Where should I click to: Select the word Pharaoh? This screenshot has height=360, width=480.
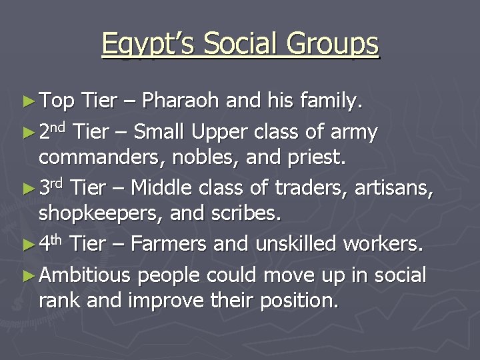pos(182,103)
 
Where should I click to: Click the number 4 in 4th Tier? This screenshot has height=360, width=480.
pos(45,245)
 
